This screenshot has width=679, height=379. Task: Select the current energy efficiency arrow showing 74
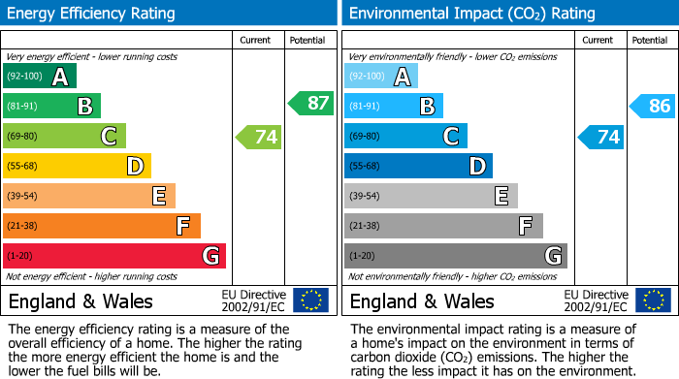coord(259,137)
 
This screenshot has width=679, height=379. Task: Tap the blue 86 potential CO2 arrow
coord(653,106)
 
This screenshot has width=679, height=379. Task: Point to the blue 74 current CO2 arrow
coord(600,137)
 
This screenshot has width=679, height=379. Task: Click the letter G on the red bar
coord(210,257)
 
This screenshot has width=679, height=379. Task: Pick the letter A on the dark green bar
coord(60,77)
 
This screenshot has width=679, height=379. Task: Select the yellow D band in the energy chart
coord(78,167)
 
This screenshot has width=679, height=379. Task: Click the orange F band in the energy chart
coord(102,227)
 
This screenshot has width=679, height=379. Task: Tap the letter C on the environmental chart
coord(450,137)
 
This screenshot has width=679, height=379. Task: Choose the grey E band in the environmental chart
coord(431,197)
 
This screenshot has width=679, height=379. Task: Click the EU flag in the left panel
coord(310,300)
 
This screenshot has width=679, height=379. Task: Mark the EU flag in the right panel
coord(653,300)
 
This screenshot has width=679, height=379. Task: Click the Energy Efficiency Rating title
coord(92,14)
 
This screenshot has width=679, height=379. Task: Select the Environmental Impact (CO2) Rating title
coord(471,14)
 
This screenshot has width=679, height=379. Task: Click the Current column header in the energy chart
coord(257,40)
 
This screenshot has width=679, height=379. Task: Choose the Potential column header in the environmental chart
coord(649,40)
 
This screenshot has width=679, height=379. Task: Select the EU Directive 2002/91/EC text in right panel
coord(596,300)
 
